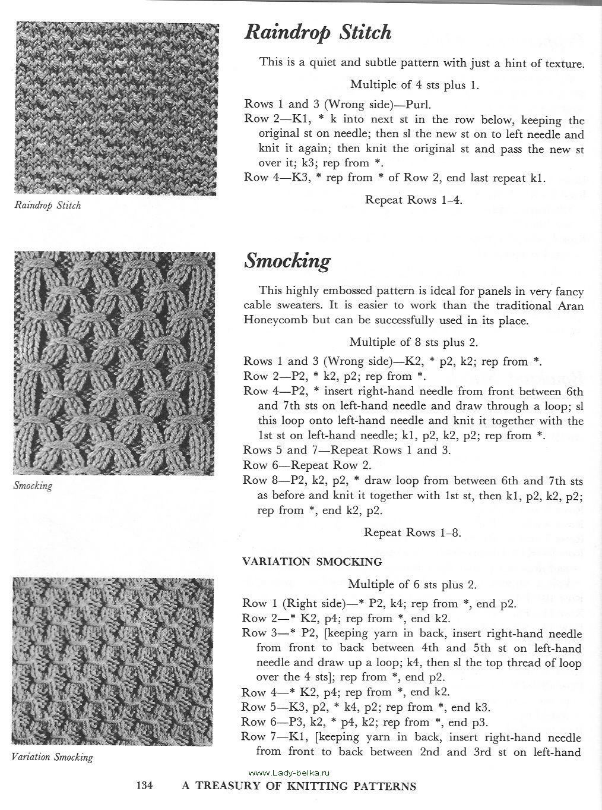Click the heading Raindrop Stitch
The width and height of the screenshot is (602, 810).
(x=318, y=33)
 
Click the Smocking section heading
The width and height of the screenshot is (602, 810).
(x=287, y=261)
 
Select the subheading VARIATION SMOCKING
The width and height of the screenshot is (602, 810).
(x=312, y=561)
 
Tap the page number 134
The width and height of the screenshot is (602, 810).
(x=145, y=786)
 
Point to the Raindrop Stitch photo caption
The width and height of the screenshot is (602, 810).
(x=47, y=206)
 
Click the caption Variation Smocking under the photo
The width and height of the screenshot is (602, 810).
(x=53, y=757)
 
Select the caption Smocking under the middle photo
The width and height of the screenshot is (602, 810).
(x=33, y=486)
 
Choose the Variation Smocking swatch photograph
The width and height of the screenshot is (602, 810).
(x=113, y=661)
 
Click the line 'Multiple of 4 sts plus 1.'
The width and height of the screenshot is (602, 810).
(x=414, y=84)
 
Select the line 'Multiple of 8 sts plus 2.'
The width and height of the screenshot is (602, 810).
(x=413, y=342)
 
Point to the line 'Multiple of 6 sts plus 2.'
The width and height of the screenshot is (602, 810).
(x=412, y=584)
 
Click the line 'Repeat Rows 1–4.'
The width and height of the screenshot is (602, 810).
(x=413, y=200)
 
